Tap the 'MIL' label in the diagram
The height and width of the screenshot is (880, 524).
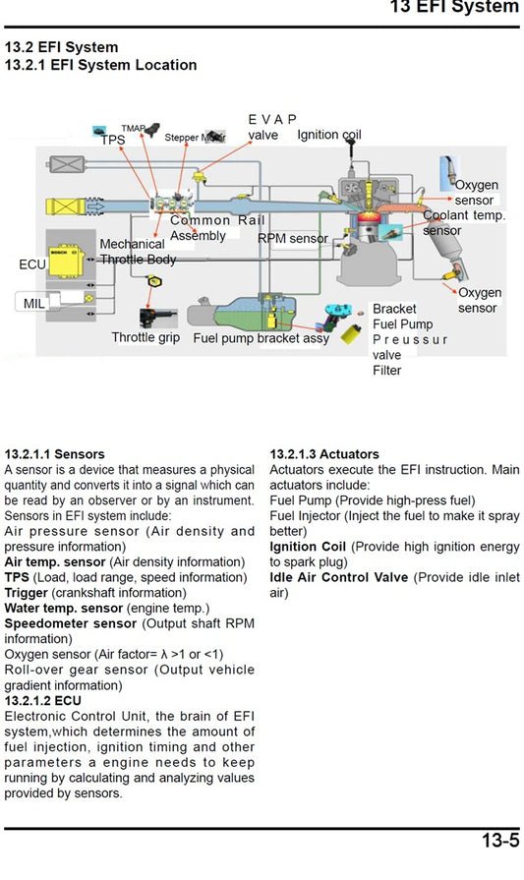pos(34,304)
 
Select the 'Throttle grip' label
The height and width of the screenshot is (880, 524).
pos(147,337)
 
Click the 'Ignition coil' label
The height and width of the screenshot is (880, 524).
pos(329,135)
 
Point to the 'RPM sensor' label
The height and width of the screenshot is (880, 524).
pos(293,238)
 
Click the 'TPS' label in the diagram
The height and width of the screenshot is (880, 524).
pos(113,141)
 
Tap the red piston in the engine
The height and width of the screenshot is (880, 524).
pos(366,218)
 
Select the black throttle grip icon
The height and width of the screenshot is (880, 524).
pos(156,317)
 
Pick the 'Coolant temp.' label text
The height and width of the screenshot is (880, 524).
pos(464,215)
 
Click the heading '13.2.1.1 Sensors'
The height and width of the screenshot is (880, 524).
pos(54,454)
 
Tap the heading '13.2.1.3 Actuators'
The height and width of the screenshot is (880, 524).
pos(323,454)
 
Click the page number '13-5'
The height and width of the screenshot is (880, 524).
pos(499,841)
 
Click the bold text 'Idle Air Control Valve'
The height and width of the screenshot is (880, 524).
pos(339,577)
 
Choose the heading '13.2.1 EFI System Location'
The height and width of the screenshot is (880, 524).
pos(100,65)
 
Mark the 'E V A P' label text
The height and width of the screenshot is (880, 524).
pos(272,119)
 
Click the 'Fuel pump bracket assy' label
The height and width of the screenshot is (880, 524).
pos(261,338)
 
